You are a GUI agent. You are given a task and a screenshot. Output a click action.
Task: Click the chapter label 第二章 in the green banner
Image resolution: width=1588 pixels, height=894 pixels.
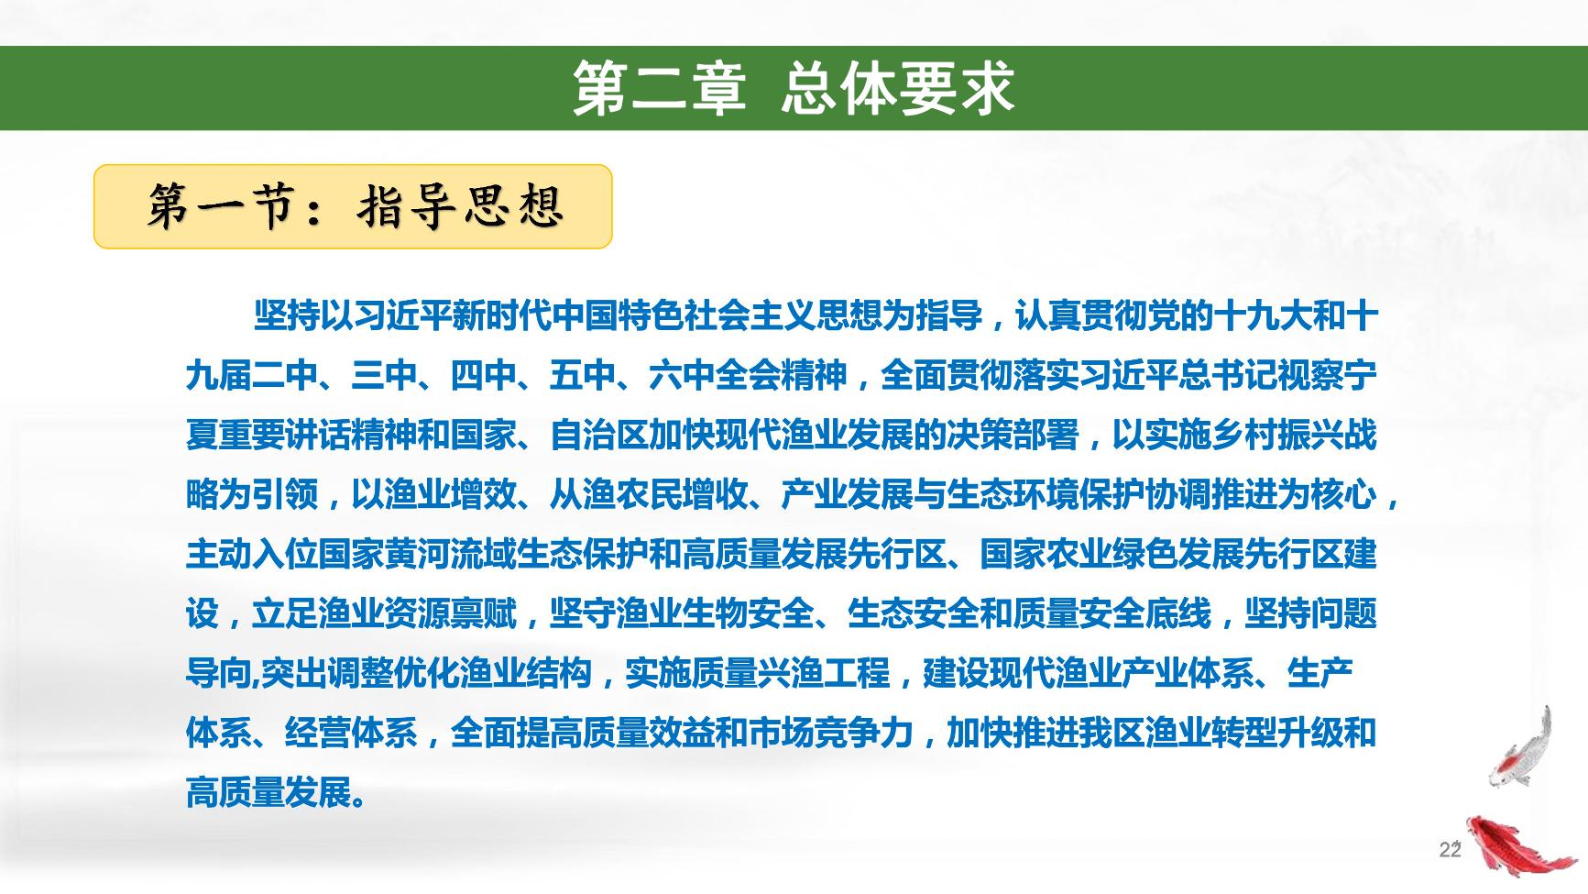point(658,89)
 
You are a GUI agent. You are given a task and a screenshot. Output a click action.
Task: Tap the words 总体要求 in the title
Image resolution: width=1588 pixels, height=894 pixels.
point(898,89)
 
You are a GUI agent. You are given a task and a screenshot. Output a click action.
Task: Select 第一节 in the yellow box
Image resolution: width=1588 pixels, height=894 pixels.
point(219,206)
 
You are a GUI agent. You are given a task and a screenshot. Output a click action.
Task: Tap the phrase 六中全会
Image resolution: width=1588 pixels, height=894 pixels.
point(715,376)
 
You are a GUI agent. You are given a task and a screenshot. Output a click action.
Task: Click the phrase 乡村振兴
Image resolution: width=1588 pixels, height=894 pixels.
point(1277,436)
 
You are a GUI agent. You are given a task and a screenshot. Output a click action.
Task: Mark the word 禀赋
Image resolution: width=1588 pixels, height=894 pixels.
point(484,614)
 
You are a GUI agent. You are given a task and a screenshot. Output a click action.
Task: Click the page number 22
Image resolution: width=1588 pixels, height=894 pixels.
point(1450,850)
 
